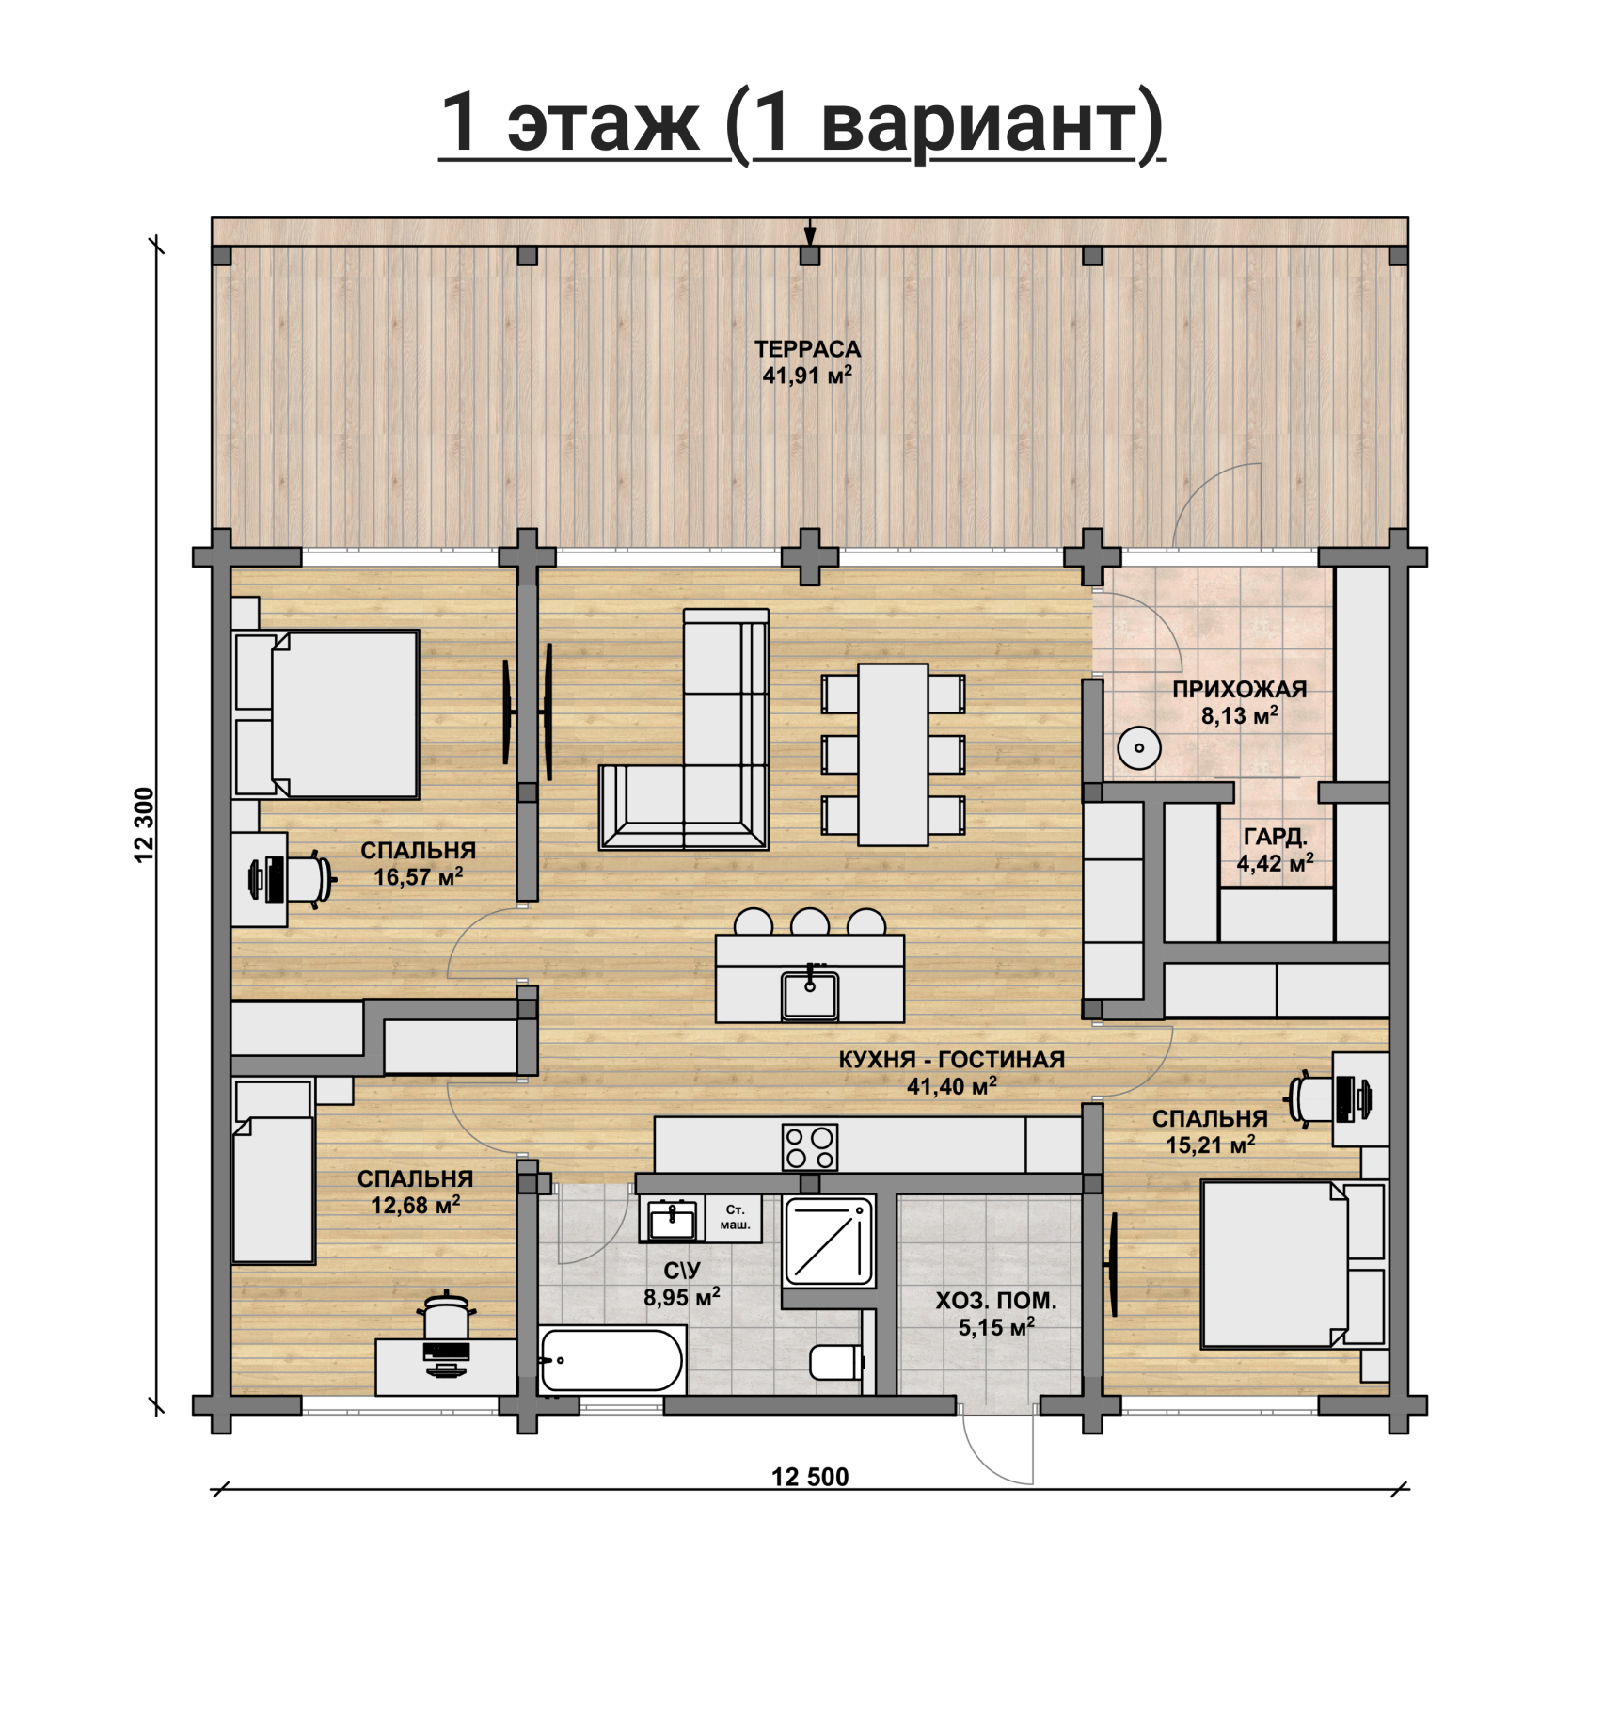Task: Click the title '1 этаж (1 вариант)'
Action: click(801, 123)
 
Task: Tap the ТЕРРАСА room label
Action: click(807, 349)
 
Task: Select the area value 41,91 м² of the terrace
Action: click(807, 376)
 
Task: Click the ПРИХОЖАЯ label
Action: click(1239, 689)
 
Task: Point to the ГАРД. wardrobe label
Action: click(1276, 837)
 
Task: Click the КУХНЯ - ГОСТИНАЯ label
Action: click(951, 1059)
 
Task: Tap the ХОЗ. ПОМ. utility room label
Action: click(995, 1301)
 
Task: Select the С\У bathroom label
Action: click(681, 1271)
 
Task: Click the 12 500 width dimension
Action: click(810, 1477)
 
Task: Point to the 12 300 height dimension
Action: click(144, 824)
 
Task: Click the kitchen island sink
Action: click(810, 994)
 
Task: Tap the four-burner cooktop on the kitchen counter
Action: click(809, 1147)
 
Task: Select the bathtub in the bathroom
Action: click(611, 1360)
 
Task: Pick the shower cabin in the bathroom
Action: click(828, 1241)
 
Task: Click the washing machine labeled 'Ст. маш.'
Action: click(734, 1219)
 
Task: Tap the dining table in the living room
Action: click(893, 755)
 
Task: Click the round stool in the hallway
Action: click(1139, 748)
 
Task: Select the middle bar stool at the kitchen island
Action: click(810, 921)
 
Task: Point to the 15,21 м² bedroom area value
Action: click(1211, 1145)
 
